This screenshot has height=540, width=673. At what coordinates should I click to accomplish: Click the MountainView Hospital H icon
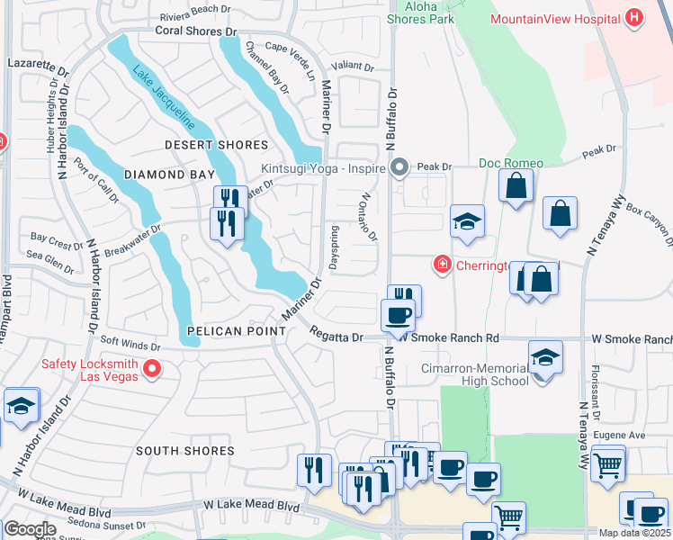click(x=635, y=17)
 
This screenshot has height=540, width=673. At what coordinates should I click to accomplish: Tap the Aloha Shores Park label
click(x=420, y=12)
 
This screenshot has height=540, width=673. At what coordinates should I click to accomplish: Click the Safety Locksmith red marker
click(x=152, y=368)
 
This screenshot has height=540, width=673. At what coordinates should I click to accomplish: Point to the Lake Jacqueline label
click(x=165, y=98)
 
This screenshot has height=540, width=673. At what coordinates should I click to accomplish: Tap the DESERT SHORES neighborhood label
click(x=216, y=145)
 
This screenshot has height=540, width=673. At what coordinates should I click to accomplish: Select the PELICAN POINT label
click(x=236, y=331)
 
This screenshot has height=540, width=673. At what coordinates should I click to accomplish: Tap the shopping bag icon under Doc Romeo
click(x=516, y=186)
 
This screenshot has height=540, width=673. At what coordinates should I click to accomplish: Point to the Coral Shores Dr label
click(x=194, y=31)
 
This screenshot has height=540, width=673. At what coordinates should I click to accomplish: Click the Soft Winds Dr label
click(x=130, y=343)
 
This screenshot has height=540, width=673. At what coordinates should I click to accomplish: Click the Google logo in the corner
click(x=30, y=528)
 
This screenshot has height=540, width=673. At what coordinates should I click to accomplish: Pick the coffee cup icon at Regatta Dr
click(x=398, y=315)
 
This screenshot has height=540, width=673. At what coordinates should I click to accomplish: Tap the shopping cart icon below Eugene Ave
click(x=608, y=465)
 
